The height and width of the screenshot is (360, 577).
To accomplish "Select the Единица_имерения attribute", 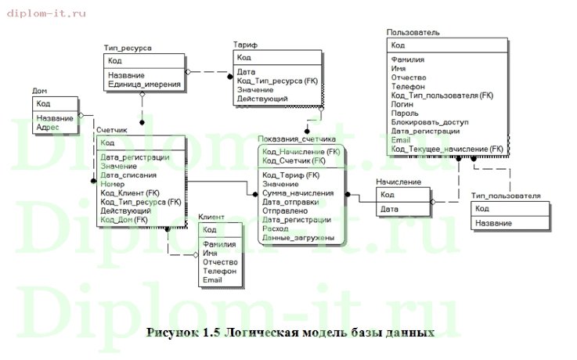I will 145,84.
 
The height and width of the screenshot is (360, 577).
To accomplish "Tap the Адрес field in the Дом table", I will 48,126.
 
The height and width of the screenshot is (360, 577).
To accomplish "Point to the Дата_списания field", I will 129,175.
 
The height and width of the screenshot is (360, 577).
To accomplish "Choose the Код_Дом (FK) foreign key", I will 124,220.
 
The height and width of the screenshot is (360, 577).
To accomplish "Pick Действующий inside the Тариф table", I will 261,99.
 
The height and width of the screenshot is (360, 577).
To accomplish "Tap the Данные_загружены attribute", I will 298,237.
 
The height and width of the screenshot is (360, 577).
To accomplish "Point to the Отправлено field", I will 286,211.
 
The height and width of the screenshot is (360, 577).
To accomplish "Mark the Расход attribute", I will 276,229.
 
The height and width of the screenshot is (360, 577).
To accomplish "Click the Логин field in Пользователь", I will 402,103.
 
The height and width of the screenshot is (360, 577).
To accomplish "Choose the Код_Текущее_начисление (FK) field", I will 446,148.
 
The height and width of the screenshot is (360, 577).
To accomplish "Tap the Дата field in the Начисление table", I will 389,209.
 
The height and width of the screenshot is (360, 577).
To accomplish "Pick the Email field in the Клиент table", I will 212,279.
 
